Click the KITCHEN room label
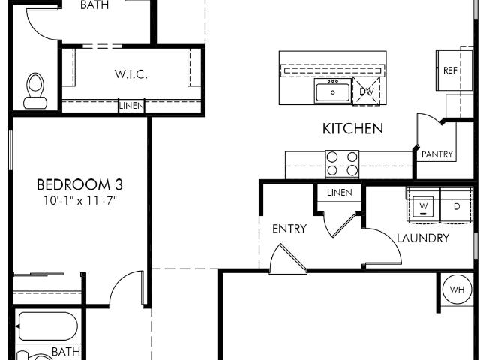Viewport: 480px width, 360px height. coord(352,128)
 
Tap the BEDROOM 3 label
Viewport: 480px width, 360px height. coord(79,184)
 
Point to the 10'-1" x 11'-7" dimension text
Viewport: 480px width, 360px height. coord(80,201)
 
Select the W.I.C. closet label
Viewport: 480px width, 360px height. coord(131,73)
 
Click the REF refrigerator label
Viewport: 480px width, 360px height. coord(450,70)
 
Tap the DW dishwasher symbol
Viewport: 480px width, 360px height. coord(367,91)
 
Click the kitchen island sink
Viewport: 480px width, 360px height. coord(333,91)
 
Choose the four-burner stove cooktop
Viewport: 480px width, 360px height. coord(342,163)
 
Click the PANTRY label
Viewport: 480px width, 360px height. coord(436,154)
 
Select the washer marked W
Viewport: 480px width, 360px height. coord(423,205)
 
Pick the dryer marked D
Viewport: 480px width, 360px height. coord(457,205)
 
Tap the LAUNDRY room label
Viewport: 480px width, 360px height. coord(423,238)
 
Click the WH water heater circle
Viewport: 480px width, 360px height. coord(457,289)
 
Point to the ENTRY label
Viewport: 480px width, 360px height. coord(289,229)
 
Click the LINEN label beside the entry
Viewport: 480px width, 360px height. coord(340,193)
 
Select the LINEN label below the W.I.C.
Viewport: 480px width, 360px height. coord(131,106)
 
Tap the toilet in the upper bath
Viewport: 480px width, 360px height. coord(35,91)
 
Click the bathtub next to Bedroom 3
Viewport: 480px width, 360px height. coord(48,326)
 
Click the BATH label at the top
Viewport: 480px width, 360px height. coord(94,5)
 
